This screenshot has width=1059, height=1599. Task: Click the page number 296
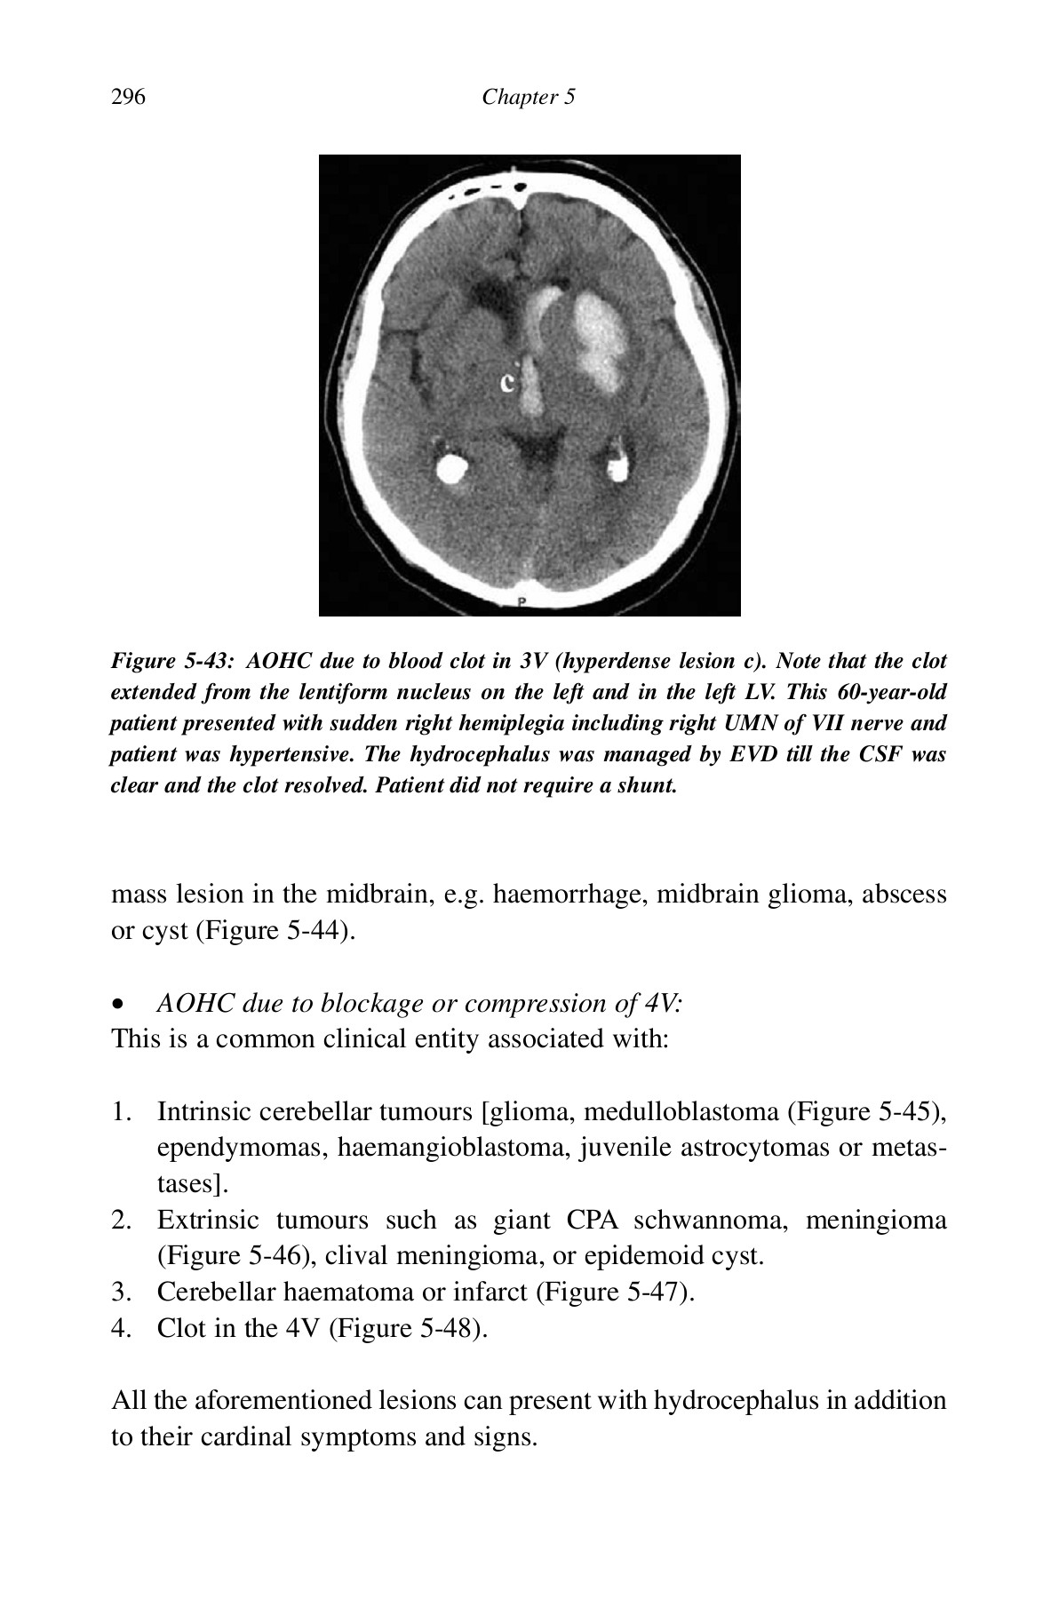click(128, 97)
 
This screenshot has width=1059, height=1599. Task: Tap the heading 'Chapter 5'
click(529, 97)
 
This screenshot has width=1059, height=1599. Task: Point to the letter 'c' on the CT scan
click(507, 382)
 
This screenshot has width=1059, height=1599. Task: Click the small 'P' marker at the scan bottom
click(523, 602)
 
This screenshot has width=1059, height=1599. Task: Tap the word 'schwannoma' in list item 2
click(710, 1220)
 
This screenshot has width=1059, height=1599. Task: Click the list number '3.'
click(123, 1292)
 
